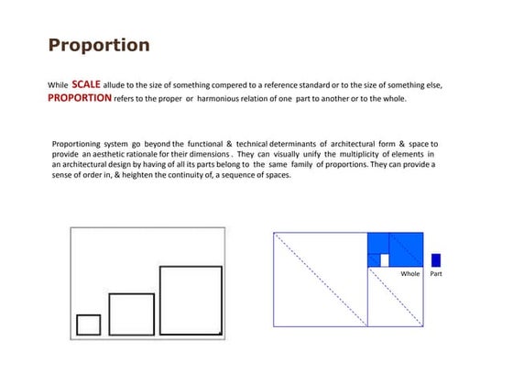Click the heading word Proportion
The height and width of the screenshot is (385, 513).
pos(98,45)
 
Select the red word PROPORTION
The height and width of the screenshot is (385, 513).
pos(80,97)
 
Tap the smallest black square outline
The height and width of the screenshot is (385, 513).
pos(89,324)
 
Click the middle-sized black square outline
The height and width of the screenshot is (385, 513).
pos(131,313)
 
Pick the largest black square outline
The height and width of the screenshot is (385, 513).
pos(191,300)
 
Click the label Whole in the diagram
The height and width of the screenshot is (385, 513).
pos(409,273)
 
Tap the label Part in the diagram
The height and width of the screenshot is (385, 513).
pos(435,273)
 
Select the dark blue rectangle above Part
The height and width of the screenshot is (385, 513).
pos(435,260)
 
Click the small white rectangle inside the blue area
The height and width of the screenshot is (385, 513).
pos(385,260)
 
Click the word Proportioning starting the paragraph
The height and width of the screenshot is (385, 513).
pos(82,144)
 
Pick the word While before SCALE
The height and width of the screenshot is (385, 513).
pos(58,85)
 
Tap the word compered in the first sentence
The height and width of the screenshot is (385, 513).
pos(215,85)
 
